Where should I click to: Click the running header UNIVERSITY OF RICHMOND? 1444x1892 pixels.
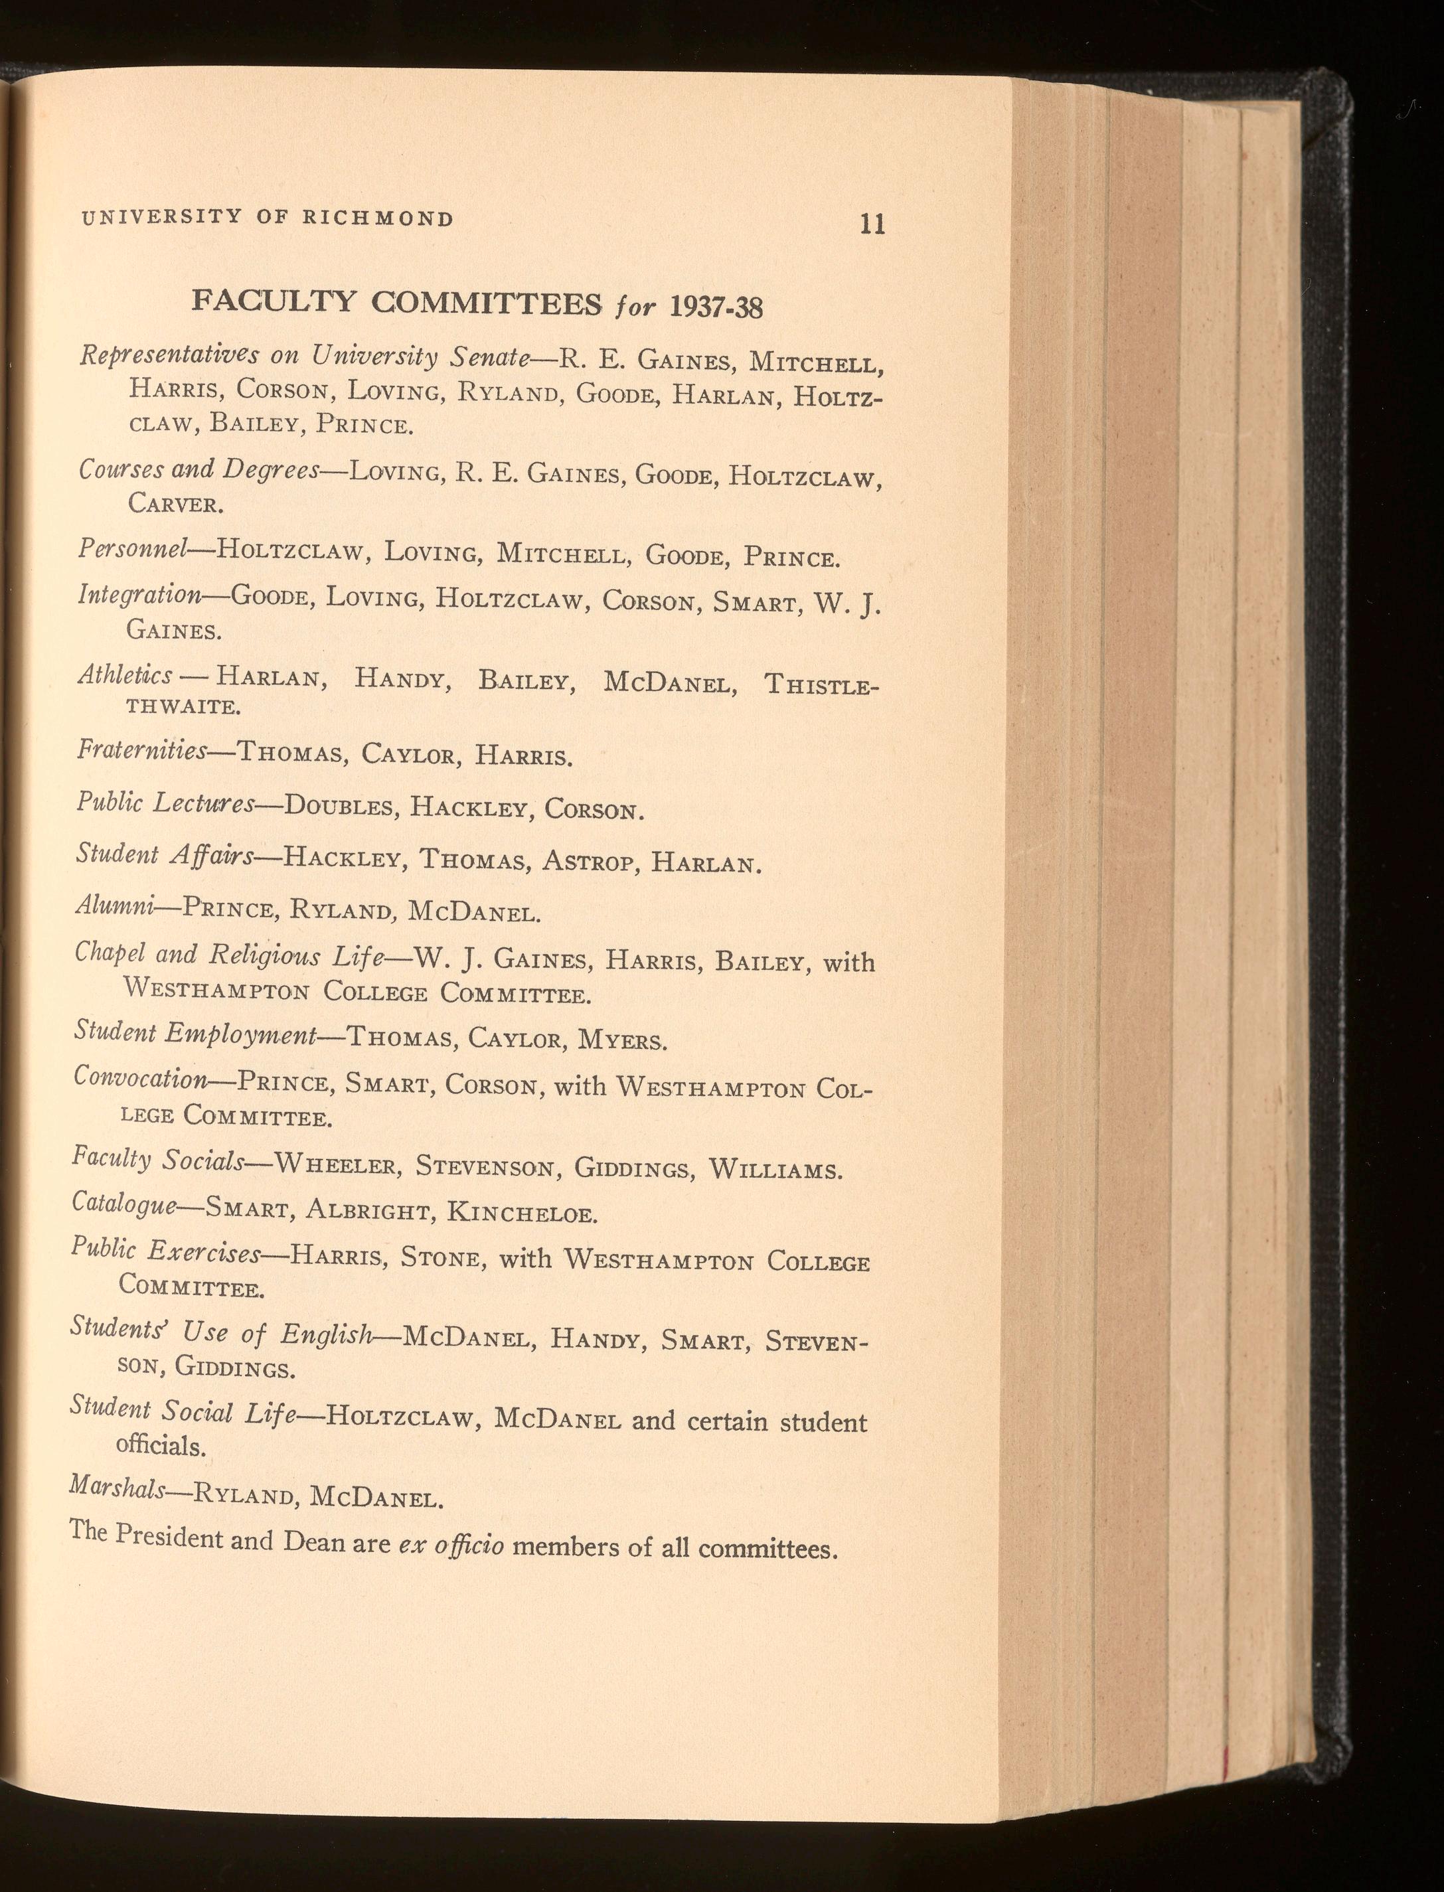click(x=268, y=218)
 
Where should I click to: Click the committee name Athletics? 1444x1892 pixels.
click(x=125, y=675)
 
